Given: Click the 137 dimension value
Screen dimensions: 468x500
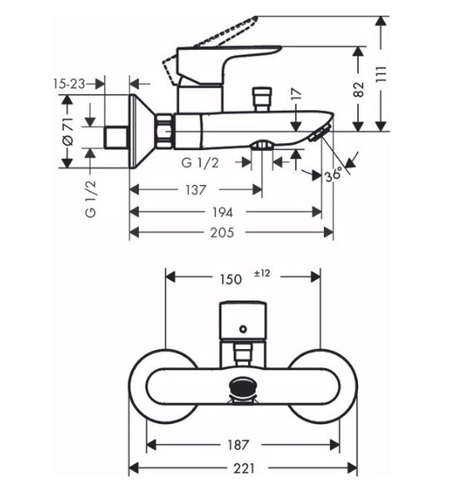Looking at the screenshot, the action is pos(196,190).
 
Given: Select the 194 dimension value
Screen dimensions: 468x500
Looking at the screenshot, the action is pos(222,212).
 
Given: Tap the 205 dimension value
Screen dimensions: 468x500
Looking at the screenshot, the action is pos(222,232).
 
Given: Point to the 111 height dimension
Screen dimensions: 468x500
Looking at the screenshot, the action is pos(381,74).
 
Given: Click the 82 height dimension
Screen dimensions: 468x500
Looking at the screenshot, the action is pos(359,90).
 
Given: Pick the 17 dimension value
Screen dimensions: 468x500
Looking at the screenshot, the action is pos(296,94).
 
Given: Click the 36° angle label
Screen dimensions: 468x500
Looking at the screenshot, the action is pos(333,175).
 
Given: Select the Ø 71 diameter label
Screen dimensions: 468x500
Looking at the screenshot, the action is pos(67,132).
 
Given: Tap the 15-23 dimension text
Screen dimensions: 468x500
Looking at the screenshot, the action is pos(69,84).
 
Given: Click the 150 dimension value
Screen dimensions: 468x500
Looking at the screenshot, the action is pos(231,280).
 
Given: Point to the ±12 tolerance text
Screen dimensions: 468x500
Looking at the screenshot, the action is pos(261,273).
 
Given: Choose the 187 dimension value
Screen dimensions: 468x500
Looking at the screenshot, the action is pos(238,445).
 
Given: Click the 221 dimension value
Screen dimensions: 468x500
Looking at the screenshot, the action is pos(244,468).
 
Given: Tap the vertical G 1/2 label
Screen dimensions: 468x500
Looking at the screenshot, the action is pos(91,198).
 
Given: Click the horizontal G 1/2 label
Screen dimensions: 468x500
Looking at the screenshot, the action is pos(200,163).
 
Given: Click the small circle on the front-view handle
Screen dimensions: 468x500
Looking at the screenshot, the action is pos(243,329).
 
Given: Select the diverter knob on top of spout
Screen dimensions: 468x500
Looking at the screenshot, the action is pos(261,99).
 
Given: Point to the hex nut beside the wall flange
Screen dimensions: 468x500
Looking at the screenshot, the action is pos(164,131).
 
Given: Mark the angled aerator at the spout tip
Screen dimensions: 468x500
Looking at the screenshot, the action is pos(320,133).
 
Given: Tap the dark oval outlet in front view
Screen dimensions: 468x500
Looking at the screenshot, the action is pos(243,386).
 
